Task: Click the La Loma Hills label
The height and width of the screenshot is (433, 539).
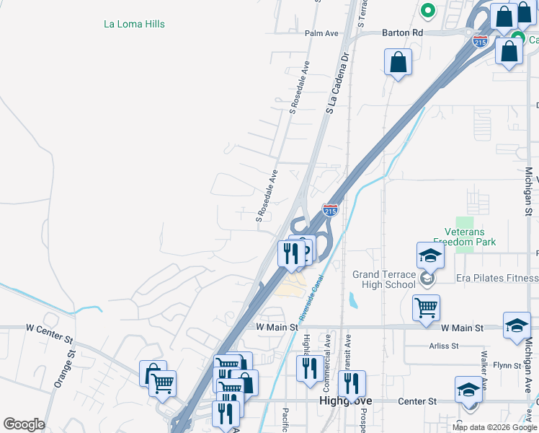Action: pyautogui.click(x=134, y=24)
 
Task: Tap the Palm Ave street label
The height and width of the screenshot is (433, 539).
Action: pyautogui.click(x=321, y=33)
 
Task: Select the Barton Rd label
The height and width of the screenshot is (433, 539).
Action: pyautogui.click(x=402, y=33)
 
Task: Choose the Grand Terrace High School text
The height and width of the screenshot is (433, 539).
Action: pyautogui.click(x=384, y=279)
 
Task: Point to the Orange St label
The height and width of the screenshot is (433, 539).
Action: pyautogui.click(x=63, y=369)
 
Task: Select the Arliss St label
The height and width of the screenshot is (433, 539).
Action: pyautogui.click(x=444, y=346)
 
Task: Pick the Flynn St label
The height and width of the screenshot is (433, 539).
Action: pyautogui.click(x=508, y=366)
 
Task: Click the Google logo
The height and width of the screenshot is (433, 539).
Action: pyautogui.click(x=24, y=424)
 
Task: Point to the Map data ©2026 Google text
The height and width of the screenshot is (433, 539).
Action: pyautogui.click(x=494, y=427)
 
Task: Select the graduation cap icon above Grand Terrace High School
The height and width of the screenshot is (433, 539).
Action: pyautogui.click(x=430, y=255)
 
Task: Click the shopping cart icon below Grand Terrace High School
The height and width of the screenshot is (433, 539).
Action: pyautogui.click(x=426, y=307)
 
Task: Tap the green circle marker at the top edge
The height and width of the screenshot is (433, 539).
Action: pyautogui.click(x=427, y=11)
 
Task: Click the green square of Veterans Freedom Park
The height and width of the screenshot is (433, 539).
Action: pyautogui.click(x=465, y=224)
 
